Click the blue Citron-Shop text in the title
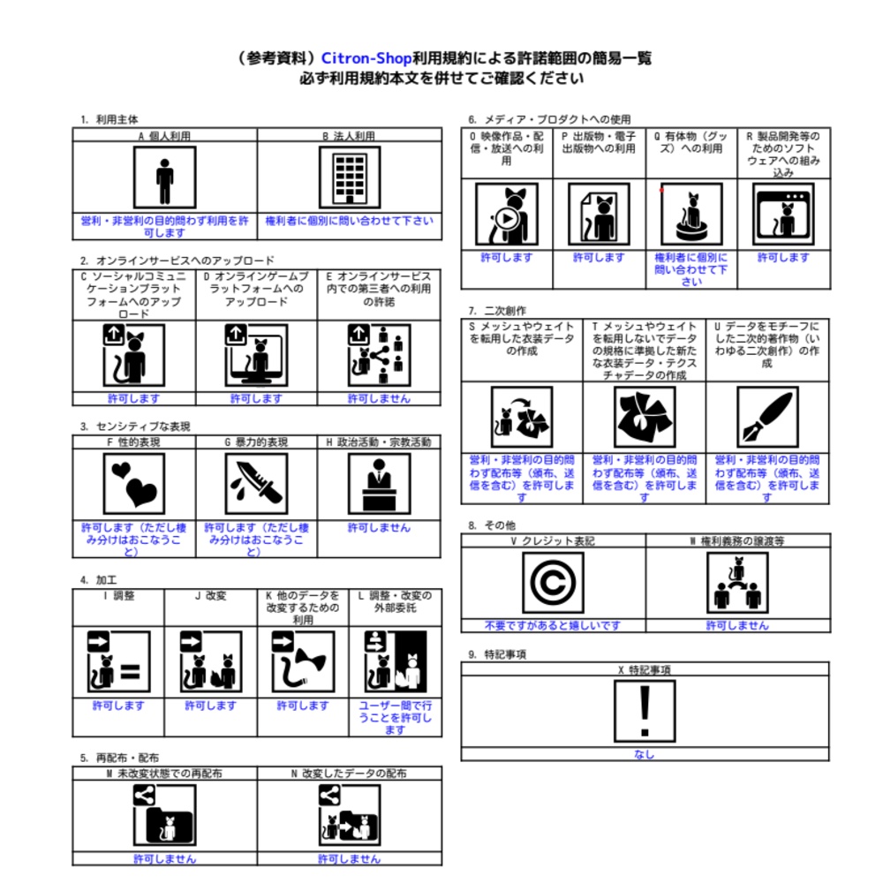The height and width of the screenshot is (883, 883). pos(366,58)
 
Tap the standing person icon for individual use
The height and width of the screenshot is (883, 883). pos(164,177)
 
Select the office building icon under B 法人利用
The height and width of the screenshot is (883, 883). pos(350,177)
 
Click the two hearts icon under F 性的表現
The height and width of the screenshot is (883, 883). pos(134,484)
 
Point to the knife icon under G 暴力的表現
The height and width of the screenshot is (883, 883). pos(256,484)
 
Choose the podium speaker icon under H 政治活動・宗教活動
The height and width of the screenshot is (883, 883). pos(379,484)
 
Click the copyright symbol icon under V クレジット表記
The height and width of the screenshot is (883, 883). pos(553,582)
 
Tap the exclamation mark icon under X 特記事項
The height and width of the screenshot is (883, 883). pos(645,711)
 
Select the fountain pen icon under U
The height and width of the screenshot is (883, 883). pos(767,418)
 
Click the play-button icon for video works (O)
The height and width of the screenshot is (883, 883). pos(507,214)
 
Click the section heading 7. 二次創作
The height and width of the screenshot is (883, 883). pos(497,311)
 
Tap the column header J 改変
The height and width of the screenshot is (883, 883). pos(210,596)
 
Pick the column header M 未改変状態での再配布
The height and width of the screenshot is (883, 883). pos(164,774)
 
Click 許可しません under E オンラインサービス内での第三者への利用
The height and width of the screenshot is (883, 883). pos(379,399)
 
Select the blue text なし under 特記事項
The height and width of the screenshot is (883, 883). pos(645,755)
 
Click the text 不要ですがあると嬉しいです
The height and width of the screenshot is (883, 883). pos(553,626)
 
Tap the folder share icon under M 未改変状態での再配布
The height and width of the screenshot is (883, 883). pos(164,815)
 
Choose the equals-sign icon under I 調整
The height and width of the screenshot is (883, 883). pos(118,661)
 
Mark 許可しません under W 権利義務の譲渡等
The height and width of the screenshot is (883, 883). pos(737,626)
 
